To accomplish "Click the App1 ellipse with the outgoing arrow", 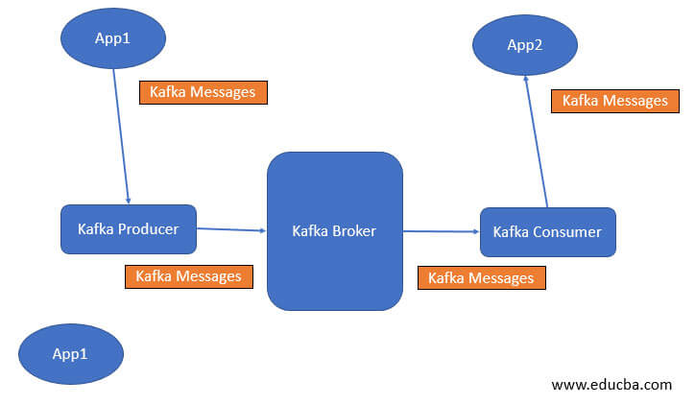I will pos(113,38).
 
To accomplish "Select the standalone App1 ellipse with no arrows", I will pos(70,354).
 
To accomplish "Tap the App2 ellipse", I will pos(525,44).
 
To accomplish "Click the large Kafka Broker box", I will pos(334,231).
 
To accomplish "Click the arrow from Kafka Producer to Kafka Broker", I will pos(230,229).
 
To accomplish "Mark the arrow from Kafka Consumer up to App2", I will pos(537,144).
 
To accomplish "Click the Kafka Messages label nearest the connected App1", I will pos(203,92).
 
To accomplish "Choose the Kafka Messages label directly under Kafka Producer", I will pos(188,276).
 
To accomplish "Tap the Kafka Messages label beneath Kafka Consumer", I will pos(481,277).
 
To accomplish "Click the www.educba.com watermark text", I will pos(611,385).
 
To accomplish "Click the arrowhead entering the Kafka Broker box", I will pos(262,230).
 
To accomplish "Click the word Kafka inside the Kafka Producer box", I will pos(97,228).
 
